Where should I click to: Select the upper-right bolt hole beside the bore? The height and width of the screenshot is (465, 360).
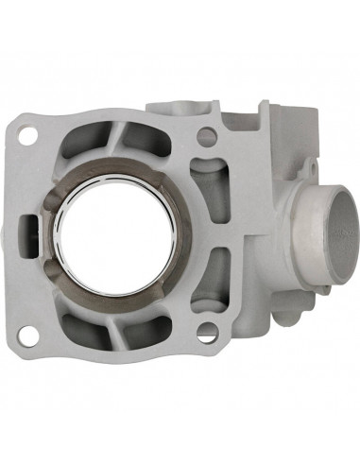[202, 136]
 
